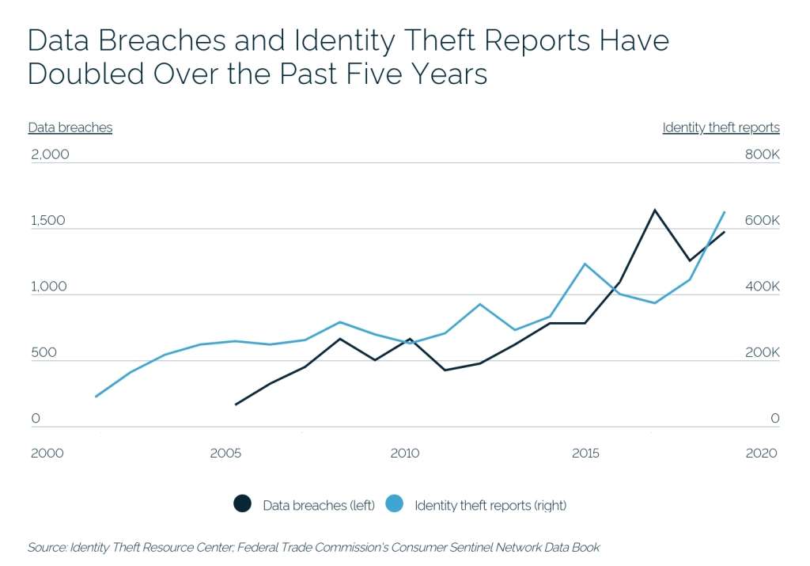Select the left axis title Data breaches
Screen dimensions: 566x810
[x=70, y=127]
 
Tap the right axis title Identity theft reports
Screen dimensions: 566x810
[x=721, y=127]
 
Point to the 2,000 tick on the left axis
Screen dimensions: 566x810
[x=50, y=154]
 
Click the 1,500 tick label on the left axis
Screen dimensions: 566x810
[x=48, y=221]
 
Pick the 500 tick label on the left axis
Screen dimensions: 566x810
[x=44, y=352]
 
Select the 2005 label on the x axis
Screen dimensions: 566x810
[x=225, y=454]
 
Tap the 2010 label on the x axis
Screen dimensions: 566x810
[x=405, y=454]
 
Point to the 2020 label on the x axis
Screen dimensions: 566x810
[x=761, y=454]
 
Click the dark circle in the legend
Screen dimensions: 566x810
[x=242, y=504]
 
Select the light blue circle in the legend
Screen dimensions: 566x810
[x=394, y=504]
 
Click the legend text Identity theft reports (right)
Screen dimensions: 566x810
[x=490, y=505]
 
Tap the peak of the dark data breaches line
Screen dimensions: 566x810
[x=654, y=211]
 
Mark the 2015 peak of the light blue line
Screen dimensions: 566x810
[x=585, y=264]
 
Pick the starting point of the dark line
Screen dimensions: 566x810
[x=236, y=405]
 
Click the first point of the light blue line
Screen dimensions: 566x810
[x=96, y=397]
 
